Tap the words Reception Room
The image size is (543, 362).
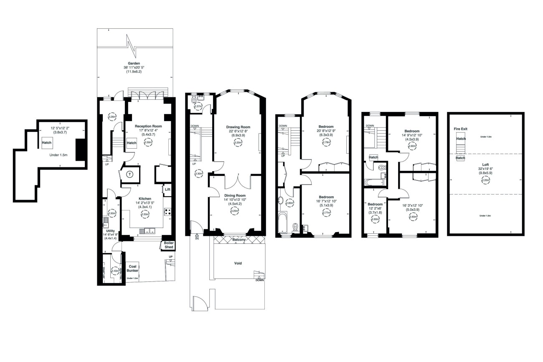tap(148, 126)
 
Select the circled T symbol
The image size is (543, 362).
tap(130, 175)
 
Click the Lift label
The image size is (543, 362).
tap(167, 189)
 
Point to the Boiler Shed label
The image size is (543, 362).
tap(168, 245)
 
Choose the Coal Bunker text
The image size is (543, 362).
tap(132, 268)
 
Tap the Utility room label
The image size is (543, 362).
tap(110, 230)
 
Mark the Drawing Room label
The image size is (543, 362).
tap(238, 127)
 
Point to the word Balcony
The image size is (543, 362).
tap(239, 240)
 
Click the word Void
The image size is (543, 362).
tap(238, 263)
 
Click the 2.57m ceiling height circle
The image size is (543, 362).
tap(198, 106)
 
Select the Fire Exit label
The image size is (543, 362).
tap(460, 129)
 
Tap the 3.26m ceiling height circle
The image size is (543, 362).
tap(112, 117)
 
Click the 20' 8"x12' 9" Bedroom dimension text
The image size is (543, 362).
tap(326, 131)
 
